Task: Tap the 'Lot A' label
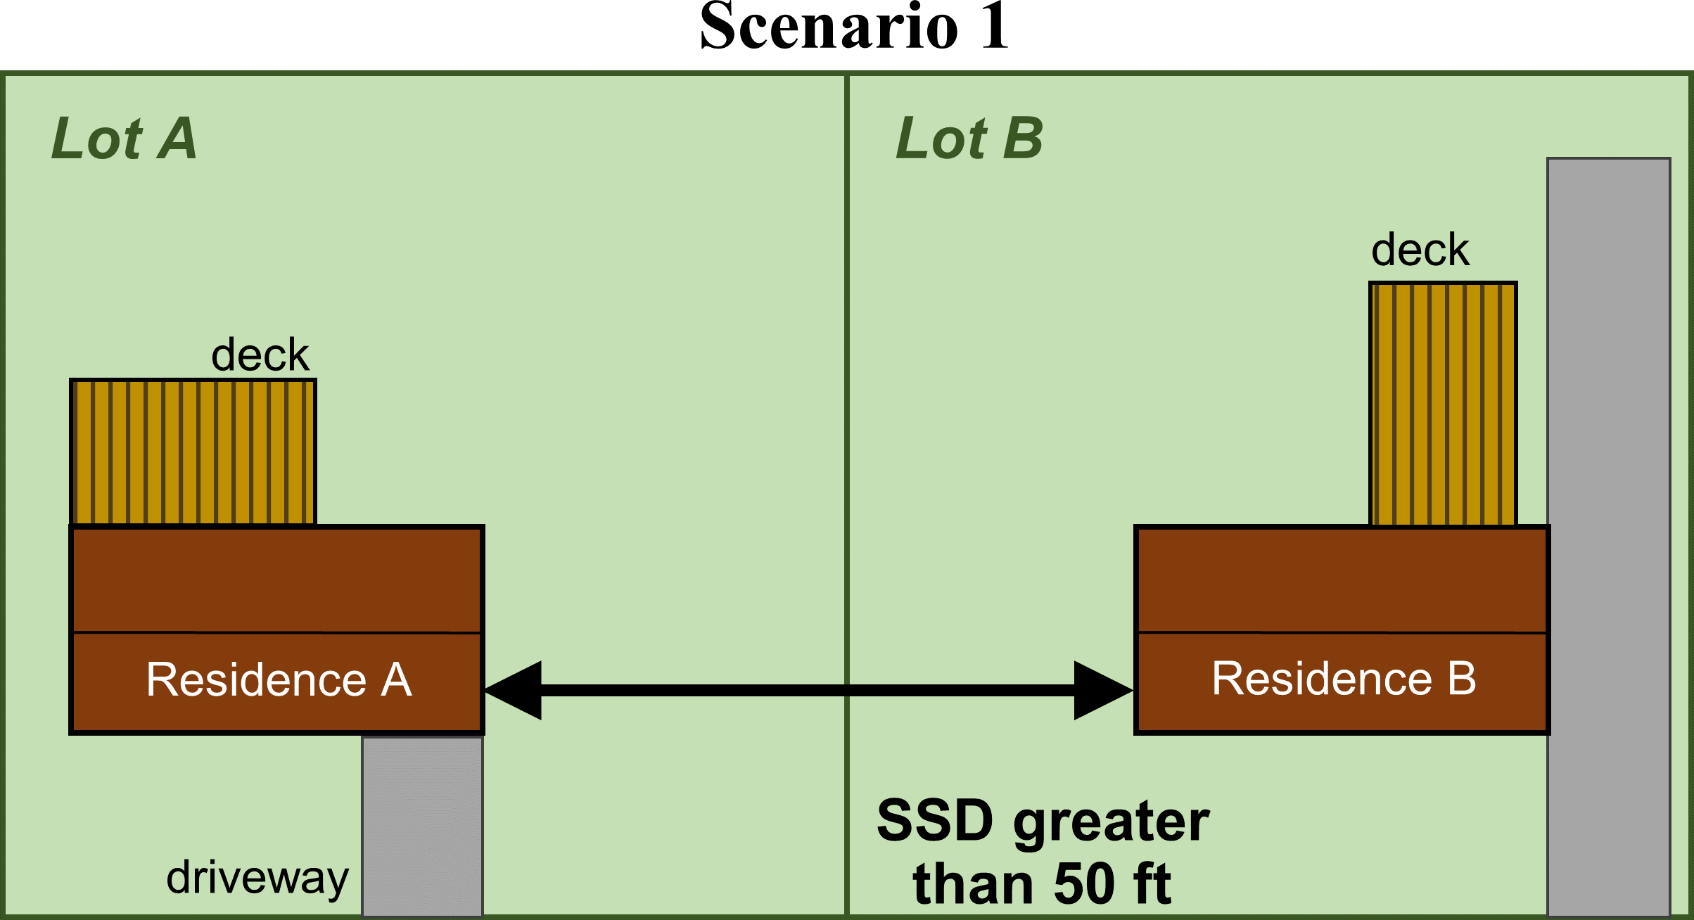point(124,139)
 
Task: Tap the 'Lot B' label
point(969,139)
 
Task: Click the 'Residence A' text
point(279,680)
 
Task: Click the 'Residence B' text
point(1343,679)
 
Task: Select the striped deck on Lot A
point(193,452)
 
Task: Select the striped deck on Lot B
point(1442,404)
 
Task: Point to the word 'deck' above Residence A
point(260,355)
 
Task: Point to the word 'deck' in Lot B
point(1420,250)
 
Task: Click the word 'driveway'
point(257,879)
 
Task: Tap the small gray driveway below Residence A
point(422,826)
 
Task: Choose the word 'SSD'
point(935,821)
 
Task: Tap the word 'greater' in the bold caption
point(1111,823)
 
